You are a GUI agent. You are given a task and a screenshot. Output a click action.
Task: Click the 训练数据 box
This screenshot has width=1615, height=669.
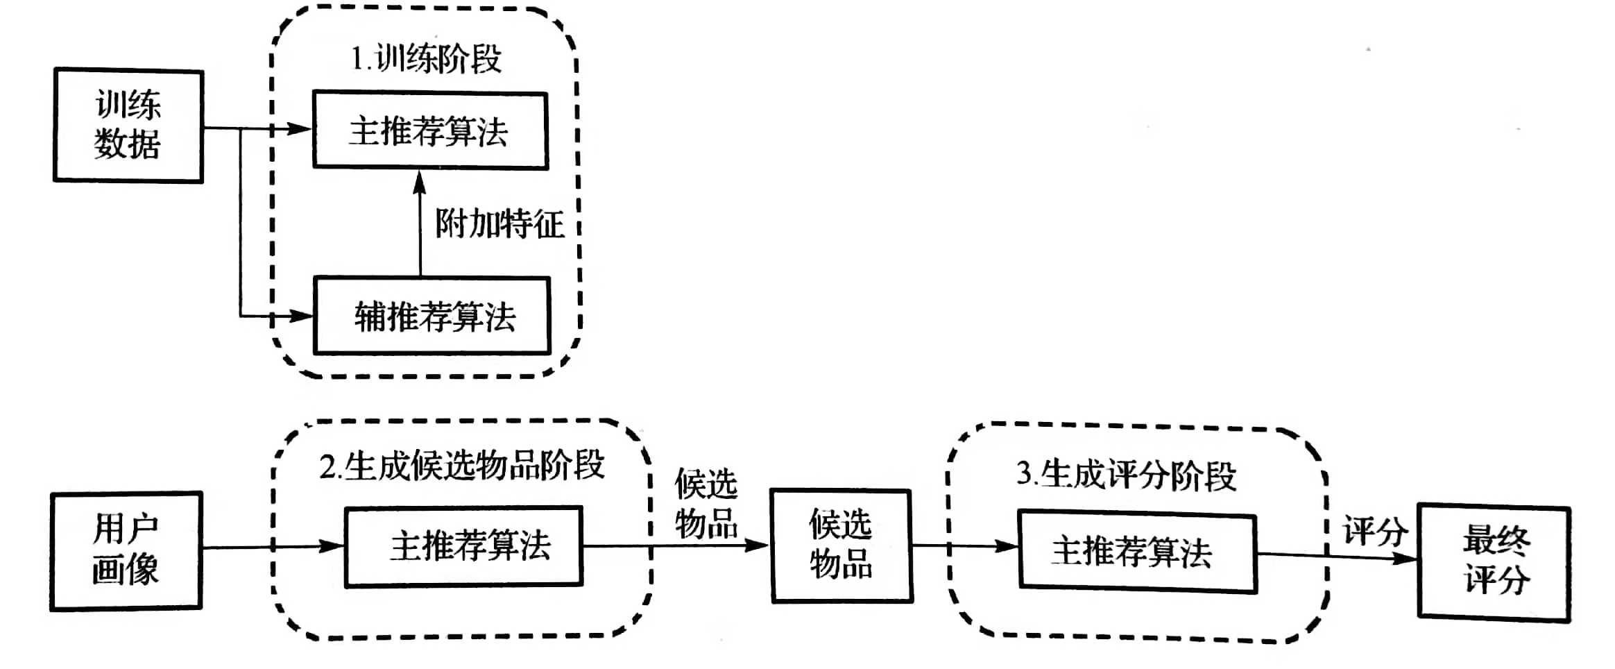[x=128, y=126]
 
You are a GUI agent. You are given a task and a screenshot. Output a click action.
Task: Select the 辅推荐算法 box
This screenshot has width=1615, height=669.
[x=432, y=316]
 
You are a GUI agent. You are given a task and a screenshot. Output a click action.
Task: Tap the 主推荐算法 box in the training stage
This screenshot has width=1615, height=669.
[x=430, y=130]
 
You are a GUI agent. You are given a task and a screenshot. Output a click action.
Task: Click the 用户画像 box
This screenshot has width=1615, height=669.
[x=126, y=550]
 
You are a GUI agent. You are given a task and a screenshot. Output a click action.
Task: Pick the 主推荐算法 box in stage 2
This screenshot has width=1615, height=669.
[x=463, y=546]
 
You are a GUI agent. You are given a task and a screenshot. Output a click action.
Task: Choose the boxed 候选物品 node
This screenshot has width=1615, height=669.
[x=841, y=545]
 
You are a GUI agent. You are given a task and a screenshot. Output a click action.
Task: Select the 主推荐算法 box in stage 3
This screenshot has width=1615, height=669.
[x=1137, y=552]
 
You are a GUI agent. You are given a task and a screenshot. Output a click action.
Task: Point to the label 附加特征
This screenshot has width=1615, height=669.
[x=499, y=224]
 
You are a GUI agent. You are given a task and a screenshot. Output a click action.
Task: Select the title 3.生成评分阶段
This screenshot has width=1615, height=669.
[x=1126, y=475]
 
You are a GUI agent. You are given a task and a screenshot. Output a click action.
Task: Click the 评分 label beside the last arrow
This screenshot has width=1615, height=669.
[x=1375, y=532]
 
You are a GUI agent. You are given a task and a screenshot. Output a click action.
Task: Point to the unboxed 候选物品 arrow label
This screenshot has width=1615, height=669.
[x=706, y=504]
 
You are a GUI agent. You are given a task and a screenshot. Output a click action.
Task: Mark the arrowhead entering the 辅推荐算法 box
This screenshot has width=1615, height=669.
[x=302, y=316]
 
